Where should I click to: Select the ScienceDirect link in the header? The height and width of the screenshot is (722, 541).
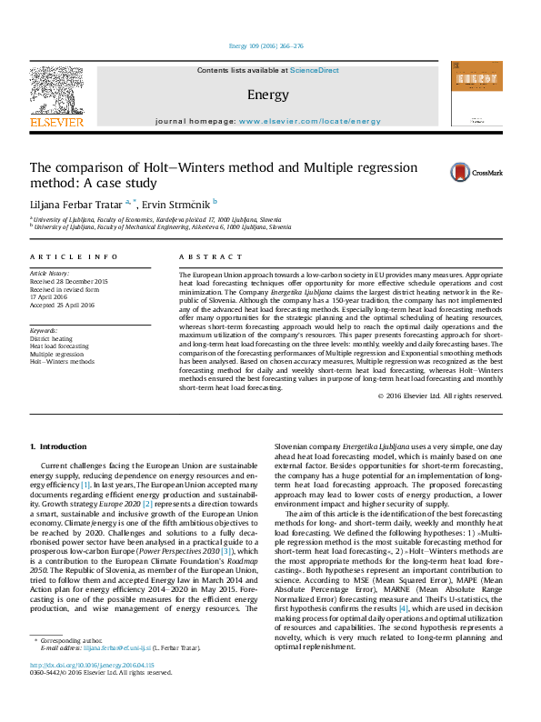tap(315, 70)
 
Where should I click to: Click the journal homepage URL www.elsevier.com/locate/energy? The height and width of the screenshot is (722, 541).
tap(310, 121)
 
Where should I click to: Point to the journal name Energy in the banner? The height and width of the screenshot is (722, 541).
tap(267, 95)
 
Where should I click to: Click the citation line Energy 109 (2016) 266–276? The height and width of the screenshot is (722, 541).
tap(267, 45)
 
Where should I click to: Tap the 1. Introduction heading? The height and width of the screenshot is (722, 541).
tap(58, 446)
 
